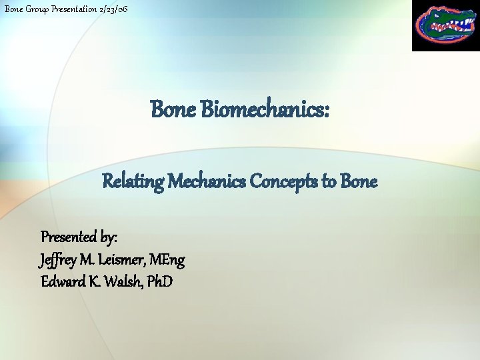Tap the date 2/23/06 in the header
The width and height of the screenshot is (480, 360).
tap(113, 8)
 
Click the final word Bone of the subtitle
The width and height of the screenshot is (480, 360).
tap(359, 181)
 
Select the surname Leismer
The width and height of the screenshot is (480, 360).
tap(128, 259)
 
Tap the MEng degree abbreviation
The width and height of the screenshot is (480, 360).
tap(169, 259)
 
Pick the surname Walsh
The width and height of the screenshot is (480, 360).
tap(124, 281)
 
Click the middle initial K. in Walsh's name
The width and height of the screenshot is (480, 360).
tap(93, 281)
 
